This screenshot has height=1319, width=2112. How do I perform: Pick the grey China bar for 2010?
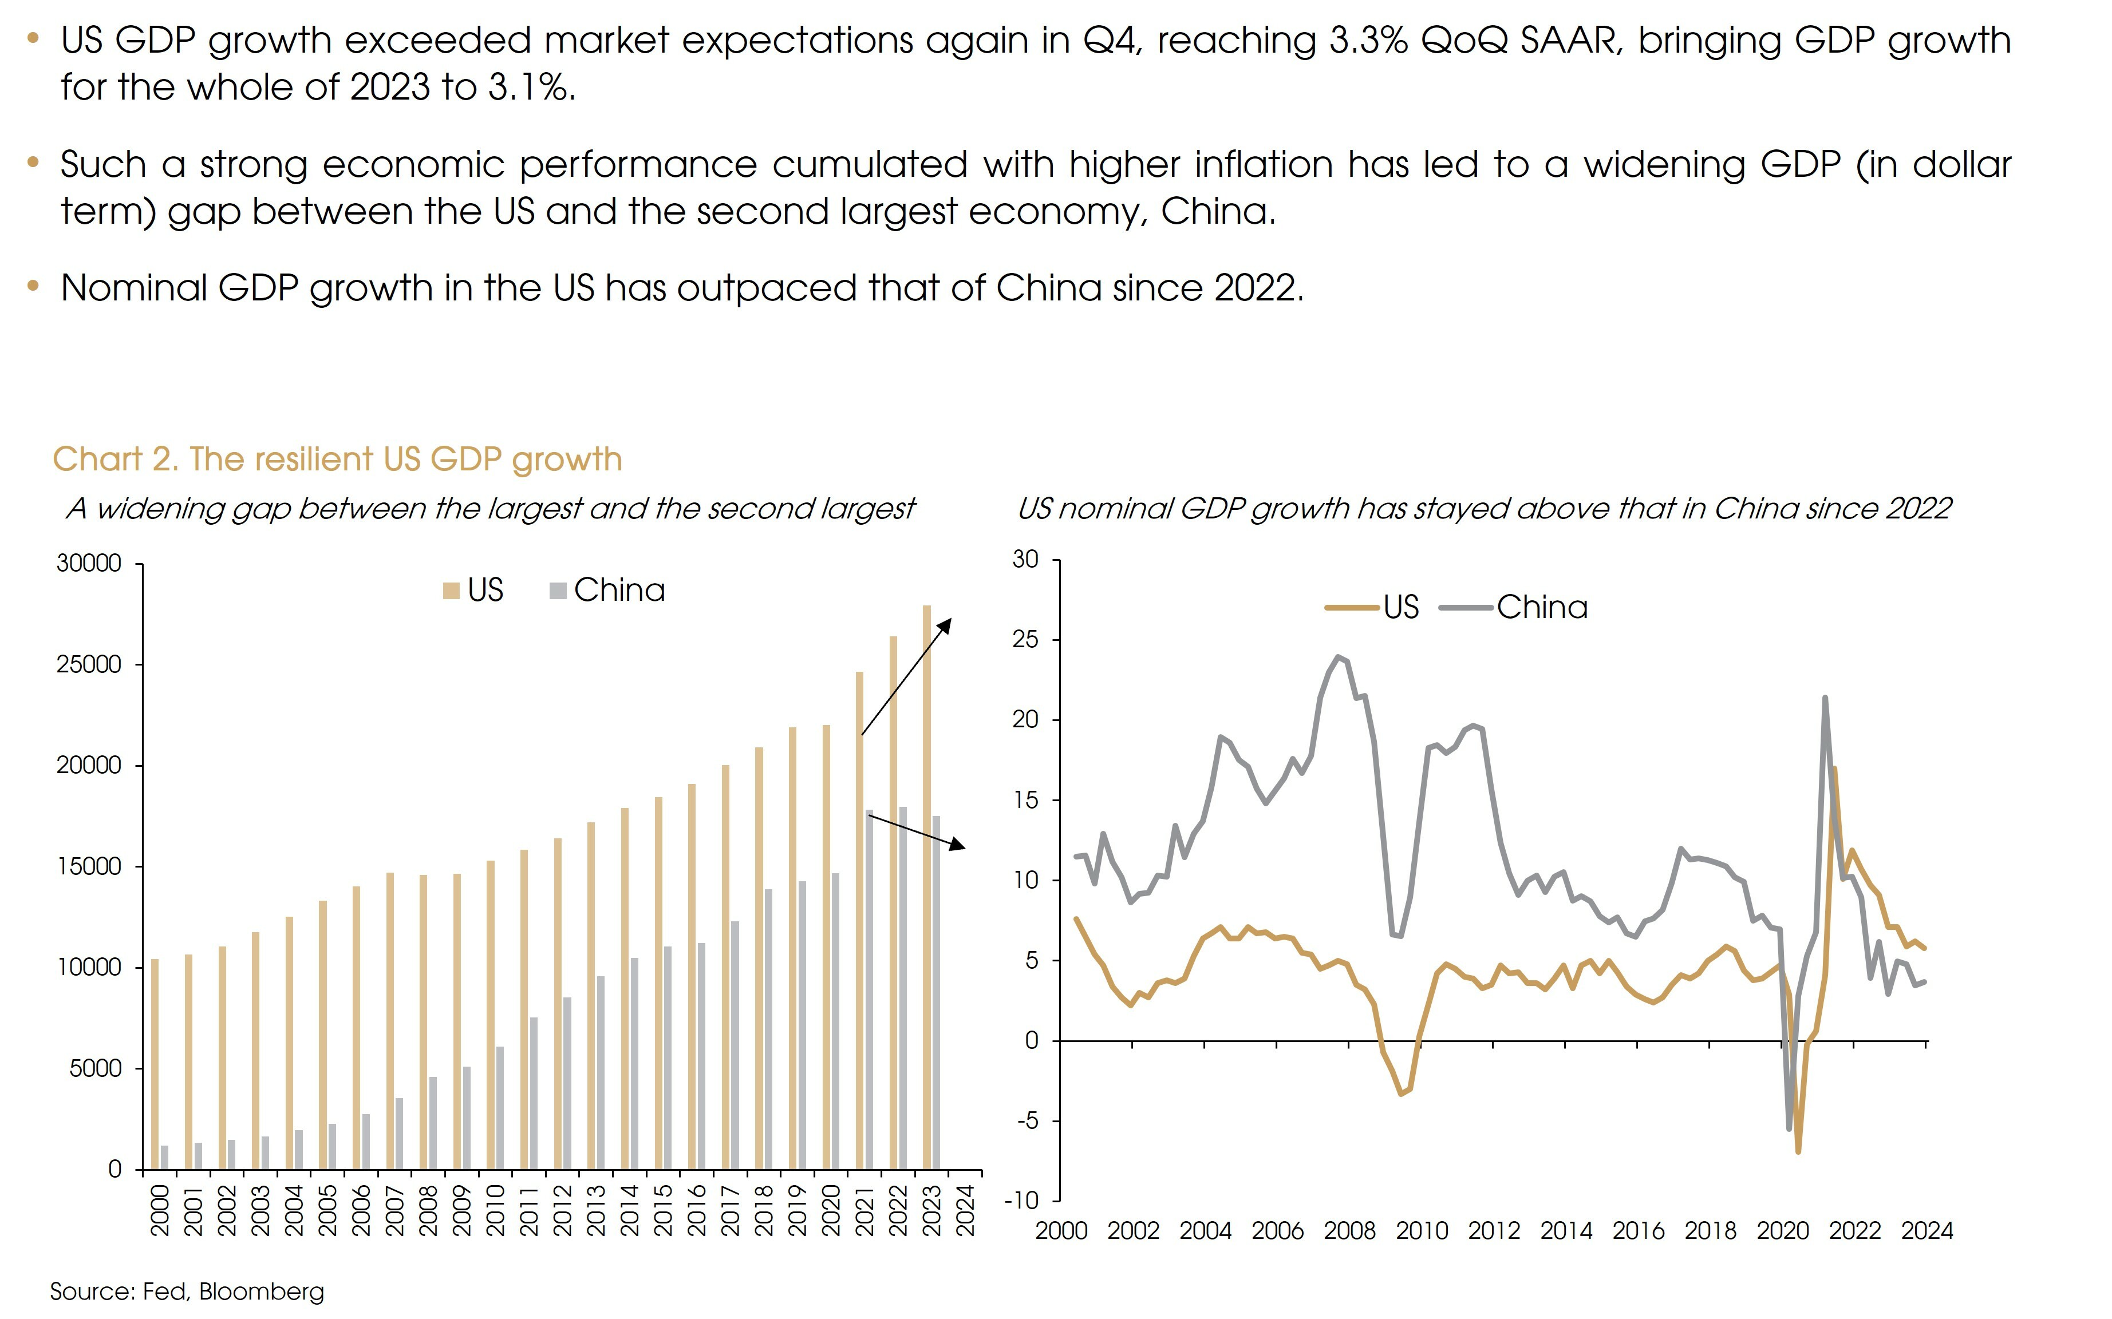(500, 1107)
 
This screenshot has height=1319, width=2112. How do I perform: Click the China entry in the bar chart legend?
(608, 591)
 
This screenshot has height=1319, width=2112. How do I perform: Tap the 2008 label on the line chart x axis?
(1349, 1231)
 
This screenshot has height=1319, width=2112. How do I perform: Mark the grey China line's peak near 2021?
(1825, 698)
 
